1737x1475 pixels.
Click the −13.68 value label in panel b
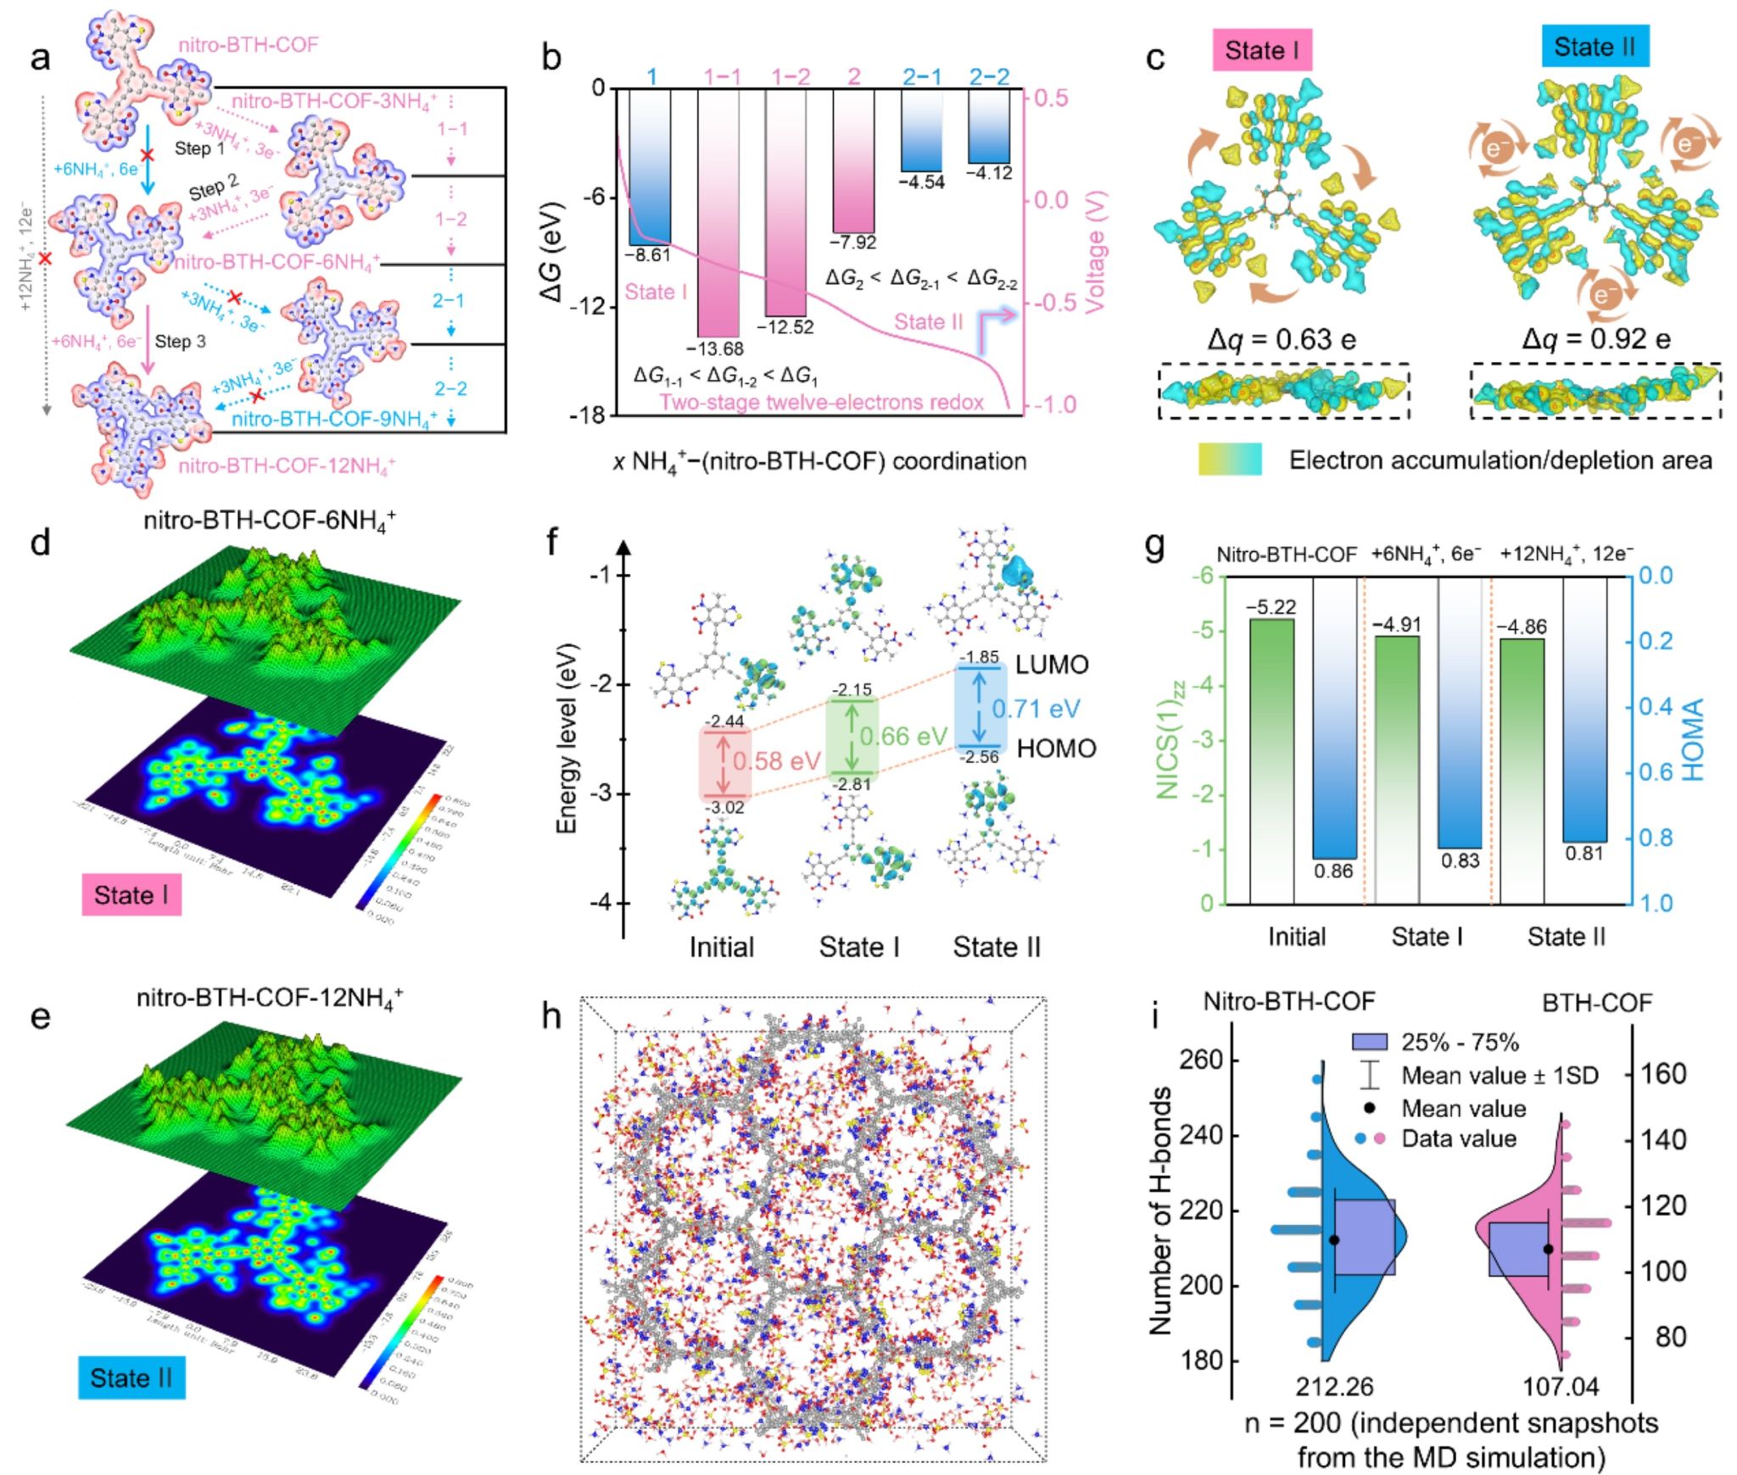[714, 348]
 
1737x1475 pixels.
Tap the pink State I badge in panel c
[1262, 50]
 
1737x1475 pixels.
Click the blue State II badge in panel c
[1595, 47]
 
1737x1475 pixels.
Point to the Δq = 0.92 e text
[1595, 339]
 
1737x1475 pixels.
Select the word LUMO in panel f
[1052, 665]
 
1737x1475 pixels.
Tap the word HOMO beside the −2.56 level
[1056, 749]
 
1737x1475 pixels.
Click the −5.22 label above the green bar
[1271, 607]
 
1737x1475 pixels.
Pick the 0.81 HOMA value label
[1584, 853]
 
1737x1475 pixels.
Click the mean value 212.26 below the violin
[1333, 1387]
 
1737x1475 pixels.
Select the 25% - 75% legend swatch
[1370, 1042]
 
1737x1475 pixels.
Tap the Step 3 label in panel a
[180, 342]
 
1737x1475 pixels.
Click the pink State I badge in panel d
[131, 895]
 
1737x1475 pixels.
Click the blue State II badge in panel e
[131, 1378]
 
